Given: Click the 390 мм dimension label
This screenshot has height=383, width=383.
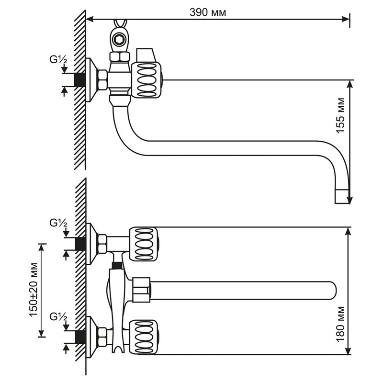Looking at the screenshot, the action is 208,12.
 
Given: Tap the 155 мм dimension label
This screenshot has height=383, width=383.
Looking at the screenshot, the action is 340,115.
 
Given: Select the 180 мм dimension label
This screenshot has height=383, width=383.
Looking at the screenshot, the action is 340,324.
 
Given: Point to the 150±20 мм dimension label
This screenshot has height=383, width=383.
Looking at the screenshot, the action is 34,290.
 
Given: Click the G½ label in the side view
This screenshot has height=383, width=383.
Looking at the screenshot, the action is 58,59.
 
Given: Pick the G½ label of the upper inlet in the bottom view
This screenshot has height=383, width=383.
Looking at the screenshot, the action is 58,223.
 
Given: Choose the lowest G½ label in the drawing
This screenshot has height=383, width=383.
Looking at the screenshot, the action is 58,317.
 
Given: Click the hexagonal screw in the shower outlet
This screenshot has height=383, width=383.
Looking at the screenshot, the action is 119,39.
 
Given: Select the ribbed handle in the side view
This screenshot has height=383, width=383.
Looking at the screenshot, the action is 146,80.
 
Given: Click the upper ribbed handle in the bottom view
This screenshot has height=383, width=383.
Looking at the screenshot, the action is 143,244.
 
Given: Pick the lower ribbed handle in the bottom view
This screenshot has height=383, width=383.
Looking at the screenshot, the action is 143,337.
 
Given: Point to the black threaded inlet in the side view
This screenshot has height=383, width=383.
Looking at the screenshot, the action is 79,79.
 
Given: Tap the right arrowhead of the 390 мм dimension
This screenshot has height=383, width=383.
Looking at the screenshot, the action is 345,19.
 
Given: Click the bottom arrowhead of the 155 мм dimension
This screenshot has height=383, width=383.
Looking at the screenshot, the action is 350,199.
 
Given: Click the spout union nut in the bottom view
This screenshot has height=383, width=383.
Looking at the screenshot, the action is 141,290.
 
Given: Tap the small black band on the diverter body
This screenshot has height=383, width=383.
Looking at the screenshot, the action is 117,266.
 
